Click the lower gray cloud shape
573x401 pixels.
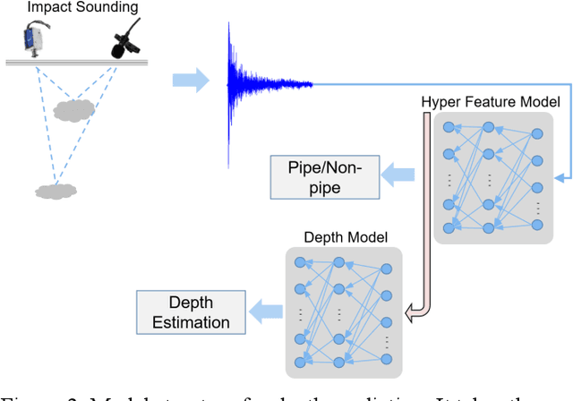[55, 190]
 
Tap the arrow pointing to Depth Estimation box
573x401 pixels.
[265, 312]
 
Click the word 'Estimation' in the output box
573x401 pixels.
[189, 322]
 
